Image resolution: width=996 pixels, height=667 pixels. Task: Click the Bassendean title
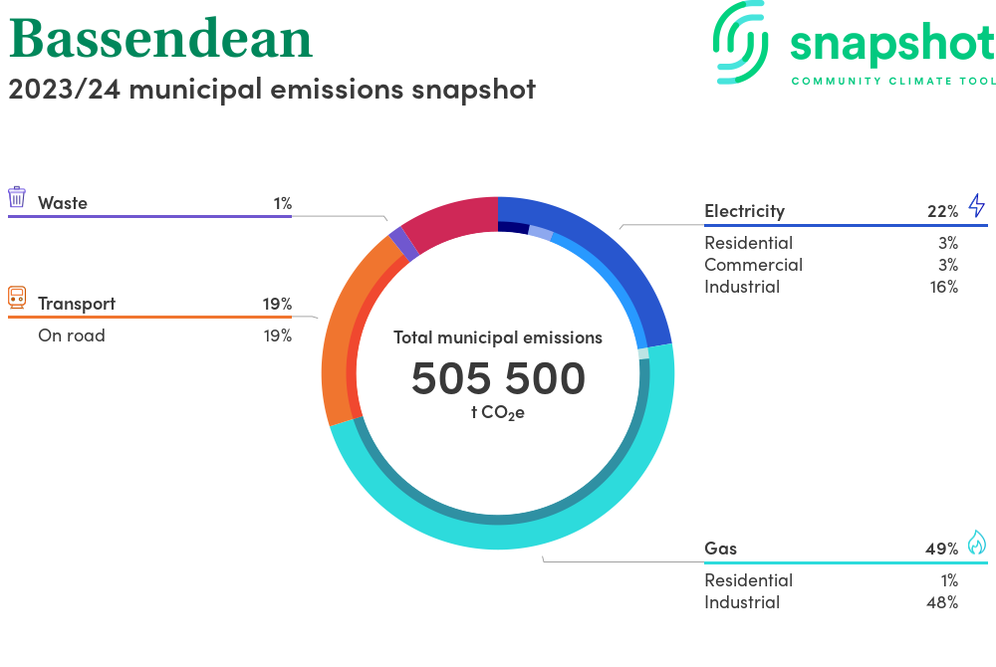point(160,39)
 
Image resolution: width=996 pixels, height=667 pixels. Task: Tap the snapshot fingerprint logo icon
point(740,42)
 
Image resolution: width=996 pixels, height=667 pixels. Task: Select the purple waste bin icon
point(17,197)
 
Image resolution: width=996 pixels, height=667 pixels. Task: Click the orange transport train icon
point(17,298)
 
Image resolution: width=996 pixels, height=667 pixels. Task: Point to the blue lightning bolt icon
point(976,206)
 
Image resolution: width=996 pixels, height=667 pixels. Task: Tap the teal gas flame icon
point(976,543)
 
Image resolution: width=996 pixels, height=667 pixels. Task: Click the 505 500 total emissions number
point(498,378)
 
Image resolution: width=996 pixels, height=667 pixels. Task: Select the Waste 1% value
point(283,203)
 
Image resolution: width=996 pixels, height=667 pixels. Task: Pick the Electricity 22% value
point(942,211)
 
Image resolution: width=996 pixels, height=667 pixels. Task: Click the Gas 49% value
point(942,549)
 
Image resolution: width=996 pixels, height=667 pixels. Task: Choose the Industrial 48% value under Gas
point(942,602)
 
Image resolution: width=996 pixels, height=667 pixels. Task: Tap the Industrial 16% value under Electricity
point(944,287)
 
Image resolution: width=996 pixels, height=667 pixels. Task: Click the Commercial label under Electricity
point(753,265)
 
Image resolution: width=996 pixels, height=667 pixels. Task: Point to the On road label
point(72,335)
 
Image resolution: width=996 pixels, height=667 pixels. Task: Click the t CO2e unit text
point(498,413)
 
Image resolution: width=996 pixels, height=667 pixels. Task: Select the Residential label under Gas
point(749,580)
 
